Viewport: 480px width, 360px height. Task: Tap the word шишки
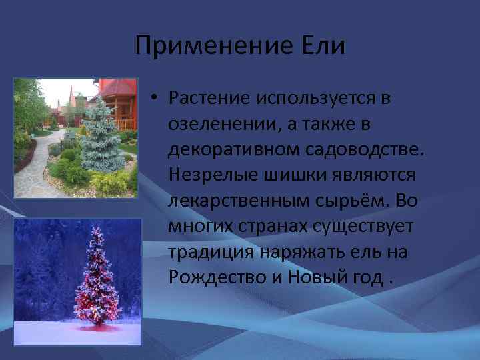click(280, 175)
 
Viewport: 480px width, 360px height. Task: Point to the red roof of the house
click(119, 87)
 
